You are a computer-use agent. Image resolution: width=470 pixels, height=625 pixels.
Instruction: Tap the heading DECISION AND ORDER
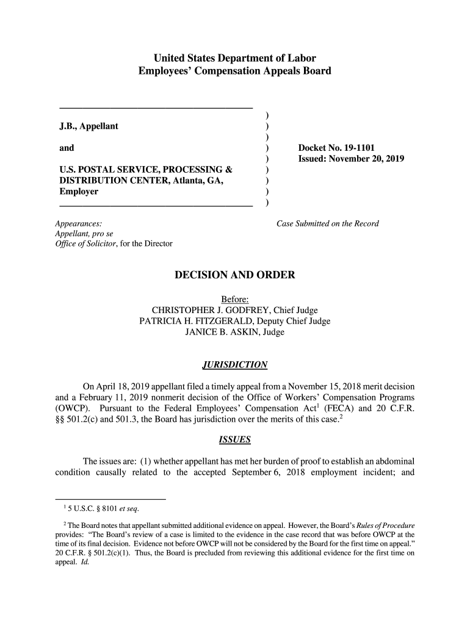[235, 275]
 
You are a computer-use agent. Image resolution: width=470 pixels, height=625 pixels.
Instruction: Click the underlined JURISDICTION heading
[235, 365]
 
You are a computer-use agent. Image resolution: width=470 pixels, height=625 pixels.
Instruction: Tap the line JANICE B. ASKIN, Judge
[235, 332]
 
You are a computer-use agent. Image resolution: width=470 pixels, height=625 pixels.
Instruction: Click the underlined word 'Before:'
[235, 299]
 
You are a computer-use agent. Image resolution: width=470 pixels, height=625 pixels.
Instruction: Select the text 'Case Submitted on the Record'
[327, 223]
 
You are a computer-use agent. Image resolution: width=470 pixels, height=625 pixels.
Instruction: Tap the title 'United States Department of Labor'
[235, 59]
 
